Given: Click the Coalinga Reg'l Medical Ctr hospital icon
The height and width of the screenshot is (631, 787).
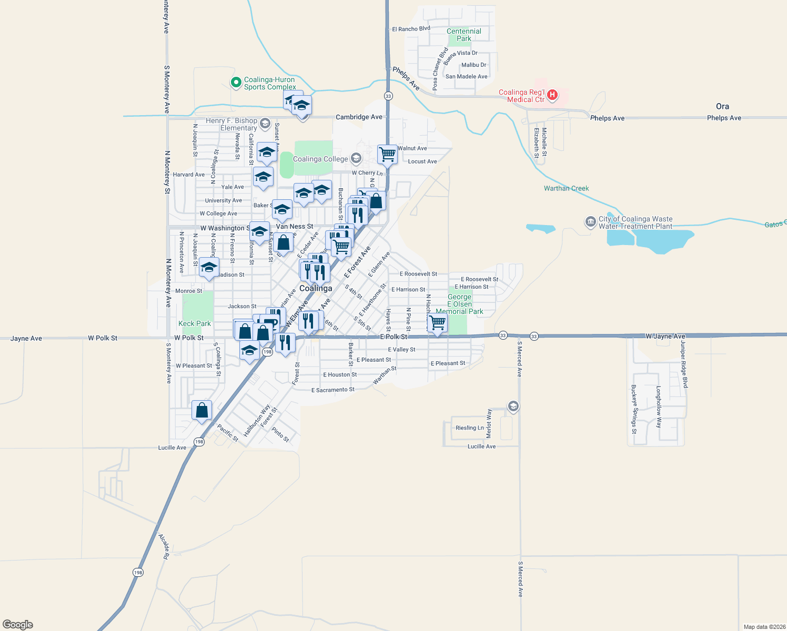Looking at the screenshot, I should point(552,95).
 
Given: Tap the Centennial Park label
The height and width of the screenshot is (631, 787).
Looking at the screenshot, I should point(463,35).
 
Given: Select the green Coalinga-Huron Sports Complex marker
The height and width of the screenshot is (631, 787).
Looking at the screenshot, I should point(236,83).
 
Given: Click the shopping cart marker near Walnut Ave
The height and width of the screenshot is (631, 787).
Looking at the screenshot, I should point(387,155).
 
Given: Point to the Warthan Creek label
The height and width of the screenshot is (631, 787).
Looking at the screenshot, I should point(566,188).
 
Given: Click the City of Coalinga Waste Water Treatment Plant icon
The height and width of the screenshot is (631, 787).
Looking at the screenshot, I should point(590,222).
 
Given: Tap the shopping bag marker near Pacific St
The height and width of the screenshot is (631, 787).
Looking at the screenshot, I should point(202,410).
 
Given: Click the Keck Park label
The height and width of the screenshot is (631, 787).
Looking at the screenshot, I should point(195,323).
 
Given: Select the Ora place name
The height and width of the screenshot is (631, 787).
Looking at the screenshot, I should point(722,106).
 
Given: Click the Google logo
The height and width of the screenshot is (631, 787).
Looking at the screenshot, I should point(18,625).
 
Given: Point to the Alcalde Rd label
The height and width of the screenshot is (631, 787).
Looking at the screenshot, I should point(164,546).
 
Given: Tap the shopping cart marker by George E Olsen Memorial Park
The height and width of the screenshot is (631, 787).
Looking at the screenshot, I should point(438,322).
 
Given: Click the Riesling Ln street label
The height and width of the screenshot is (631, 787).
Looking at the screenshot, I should point(469,428).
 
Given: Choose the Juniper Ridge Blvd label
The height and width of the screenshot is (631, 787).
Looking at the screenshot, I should point(683,364).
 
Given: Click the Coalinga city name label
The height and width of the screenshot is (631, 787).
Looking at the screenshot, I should point(316,288).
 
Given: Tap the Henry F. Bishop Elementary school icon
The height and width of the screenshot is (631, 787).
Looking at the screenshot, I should point(265,124).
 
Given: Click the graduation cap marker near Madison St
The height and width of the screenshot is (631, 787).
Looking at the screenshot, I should point(209,267).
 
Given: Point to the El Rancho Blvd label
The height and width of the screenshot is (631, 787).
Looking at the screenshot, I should point(411,29).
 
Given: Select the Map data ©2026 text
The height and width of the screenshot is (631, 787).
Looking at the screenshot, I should point(764,627).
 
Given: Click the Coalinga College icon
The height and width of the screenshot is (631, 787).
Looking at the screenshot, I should point(356,159).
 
